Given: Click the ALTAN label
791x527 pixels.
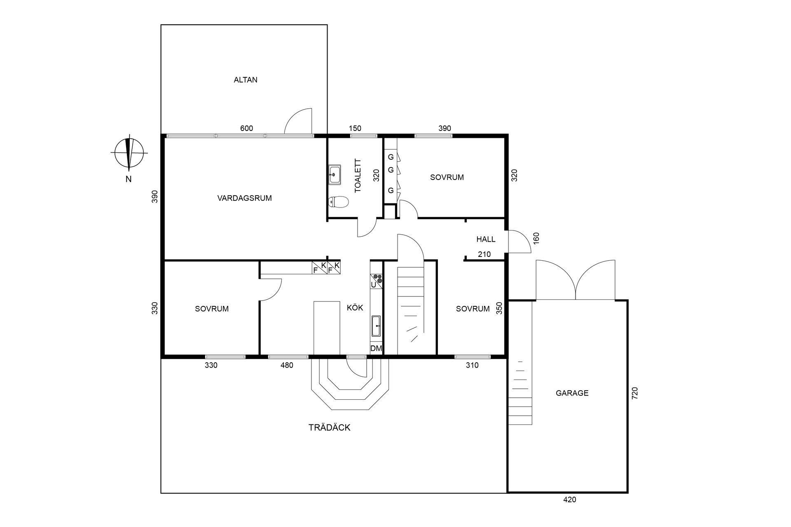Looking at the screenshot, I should (x=246, y=80).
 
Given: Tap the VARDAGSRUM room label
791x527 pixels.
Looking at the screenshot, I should (x=244, y=198).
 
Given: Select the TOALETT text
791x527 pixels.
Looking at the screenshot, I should (x=358, y=176).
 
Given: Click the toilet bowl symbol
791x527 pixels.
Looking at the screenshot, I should (x=338, y=202).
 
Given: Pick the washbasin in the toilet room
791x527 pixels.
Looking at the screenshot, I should (x=335, y=173).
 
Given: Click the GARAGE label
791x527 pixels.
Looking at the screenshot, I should (x=572, y=393).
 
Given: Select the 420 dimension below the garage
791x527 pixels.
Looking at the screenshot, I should (x=569, y=500).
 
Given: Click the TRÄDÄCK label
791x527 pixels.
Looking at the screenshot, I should (x=329, y=428).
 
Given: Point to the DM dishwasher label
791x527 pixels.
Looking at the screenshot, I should (x=376, y=349).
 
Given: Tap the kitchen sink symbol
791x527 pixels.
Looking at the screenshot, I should (x=376, y=326).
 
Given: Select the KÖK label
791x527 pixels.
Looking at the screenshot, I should (x=355, y=308).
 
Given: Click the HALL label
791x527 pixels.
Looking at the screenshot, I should (x=486, y=239).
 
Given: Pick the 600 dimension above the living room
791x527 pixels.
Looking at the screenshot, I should (x=246, y=128).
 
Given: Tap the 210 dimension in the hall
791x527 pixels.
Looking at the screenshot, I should (x=484, y=254).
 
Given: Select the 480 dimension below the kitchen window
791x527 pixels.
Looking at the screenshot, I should (x=286, y=365).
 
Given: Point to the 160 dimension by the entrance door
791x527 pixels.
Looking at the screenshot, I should (x=536, y=238).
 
